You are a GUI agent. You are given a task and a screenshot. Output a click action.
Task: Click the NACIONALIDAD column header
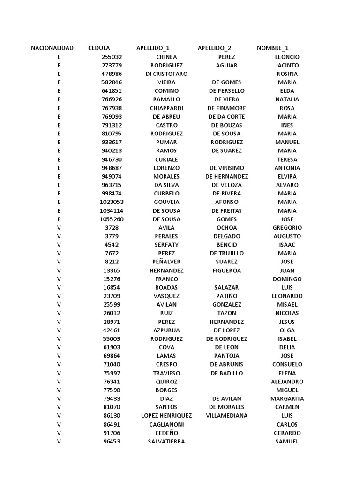click(52, 48)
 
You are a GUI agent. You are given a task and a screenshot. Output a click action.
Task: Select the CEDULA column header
click(99, 48)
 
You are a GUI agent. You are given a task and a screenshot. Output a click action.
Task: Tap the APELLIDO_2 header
click(214, 48)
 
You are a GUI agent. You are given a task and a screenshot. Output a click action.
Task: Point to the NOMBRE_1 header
click(272, 48)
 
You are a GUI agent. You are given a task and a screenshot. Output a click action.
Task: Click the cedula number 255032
click(112, 57)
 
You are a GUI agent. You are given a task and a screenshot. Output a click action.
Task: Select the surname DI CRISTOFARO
click(166, 74)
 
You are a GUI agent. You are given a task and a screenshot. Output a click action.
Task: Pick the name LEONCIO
click(287, 57)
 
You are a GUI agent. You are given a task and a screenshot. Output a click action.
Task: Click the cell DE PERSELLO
click(226, 90)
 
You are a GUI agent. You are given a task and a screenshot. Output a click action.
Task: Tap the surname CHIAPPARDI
click(166, 108)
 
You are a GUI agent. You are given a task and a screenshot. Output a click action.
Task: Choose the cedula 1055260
click(112, 219)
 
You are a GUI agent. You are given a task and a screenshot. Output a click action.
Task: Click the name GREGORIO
click(287, 227)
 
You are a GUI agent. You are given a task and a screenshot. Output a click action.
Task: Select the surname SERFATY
click(166, 245)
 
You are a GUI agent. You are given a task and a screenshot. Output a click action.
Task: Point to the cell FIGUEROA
click(226, 270)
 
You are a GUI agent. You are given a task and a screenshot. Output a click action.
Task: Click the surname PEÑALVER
click(166, 262)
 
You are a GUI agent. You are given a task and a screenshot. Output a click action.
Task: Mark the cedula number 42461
click(112, 330)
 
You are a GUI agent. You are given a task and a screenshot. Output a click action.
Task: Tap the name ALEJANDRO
click(287, 382)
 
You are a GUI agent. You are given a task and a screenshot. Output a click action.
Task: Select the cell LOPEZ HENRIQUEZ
click(166, 415)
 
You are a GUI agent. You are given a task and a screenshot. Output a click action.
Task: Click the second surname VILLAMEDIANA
click(226, 415)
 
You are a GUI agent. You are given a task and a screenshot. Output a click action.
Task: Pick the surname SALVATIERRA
click(166, 441)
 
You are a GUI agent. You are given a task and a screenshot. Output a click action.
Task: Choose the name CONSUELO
click(287, 364)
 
